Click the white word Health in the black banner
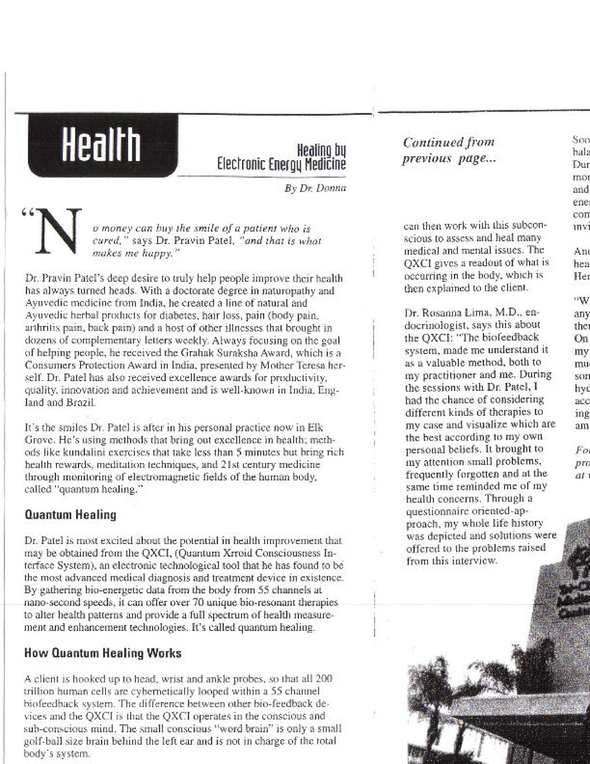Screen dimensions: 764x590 pos(101,144)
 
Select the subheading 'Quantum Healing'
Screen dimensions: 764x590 pos(70,515)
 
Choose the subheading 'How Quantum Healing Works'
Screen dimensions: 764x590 pos(102,653)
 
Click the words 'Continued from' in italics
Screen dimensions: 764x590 pos(448,142)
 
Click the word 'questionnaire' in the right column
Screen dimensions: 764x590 pos(435,511)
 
